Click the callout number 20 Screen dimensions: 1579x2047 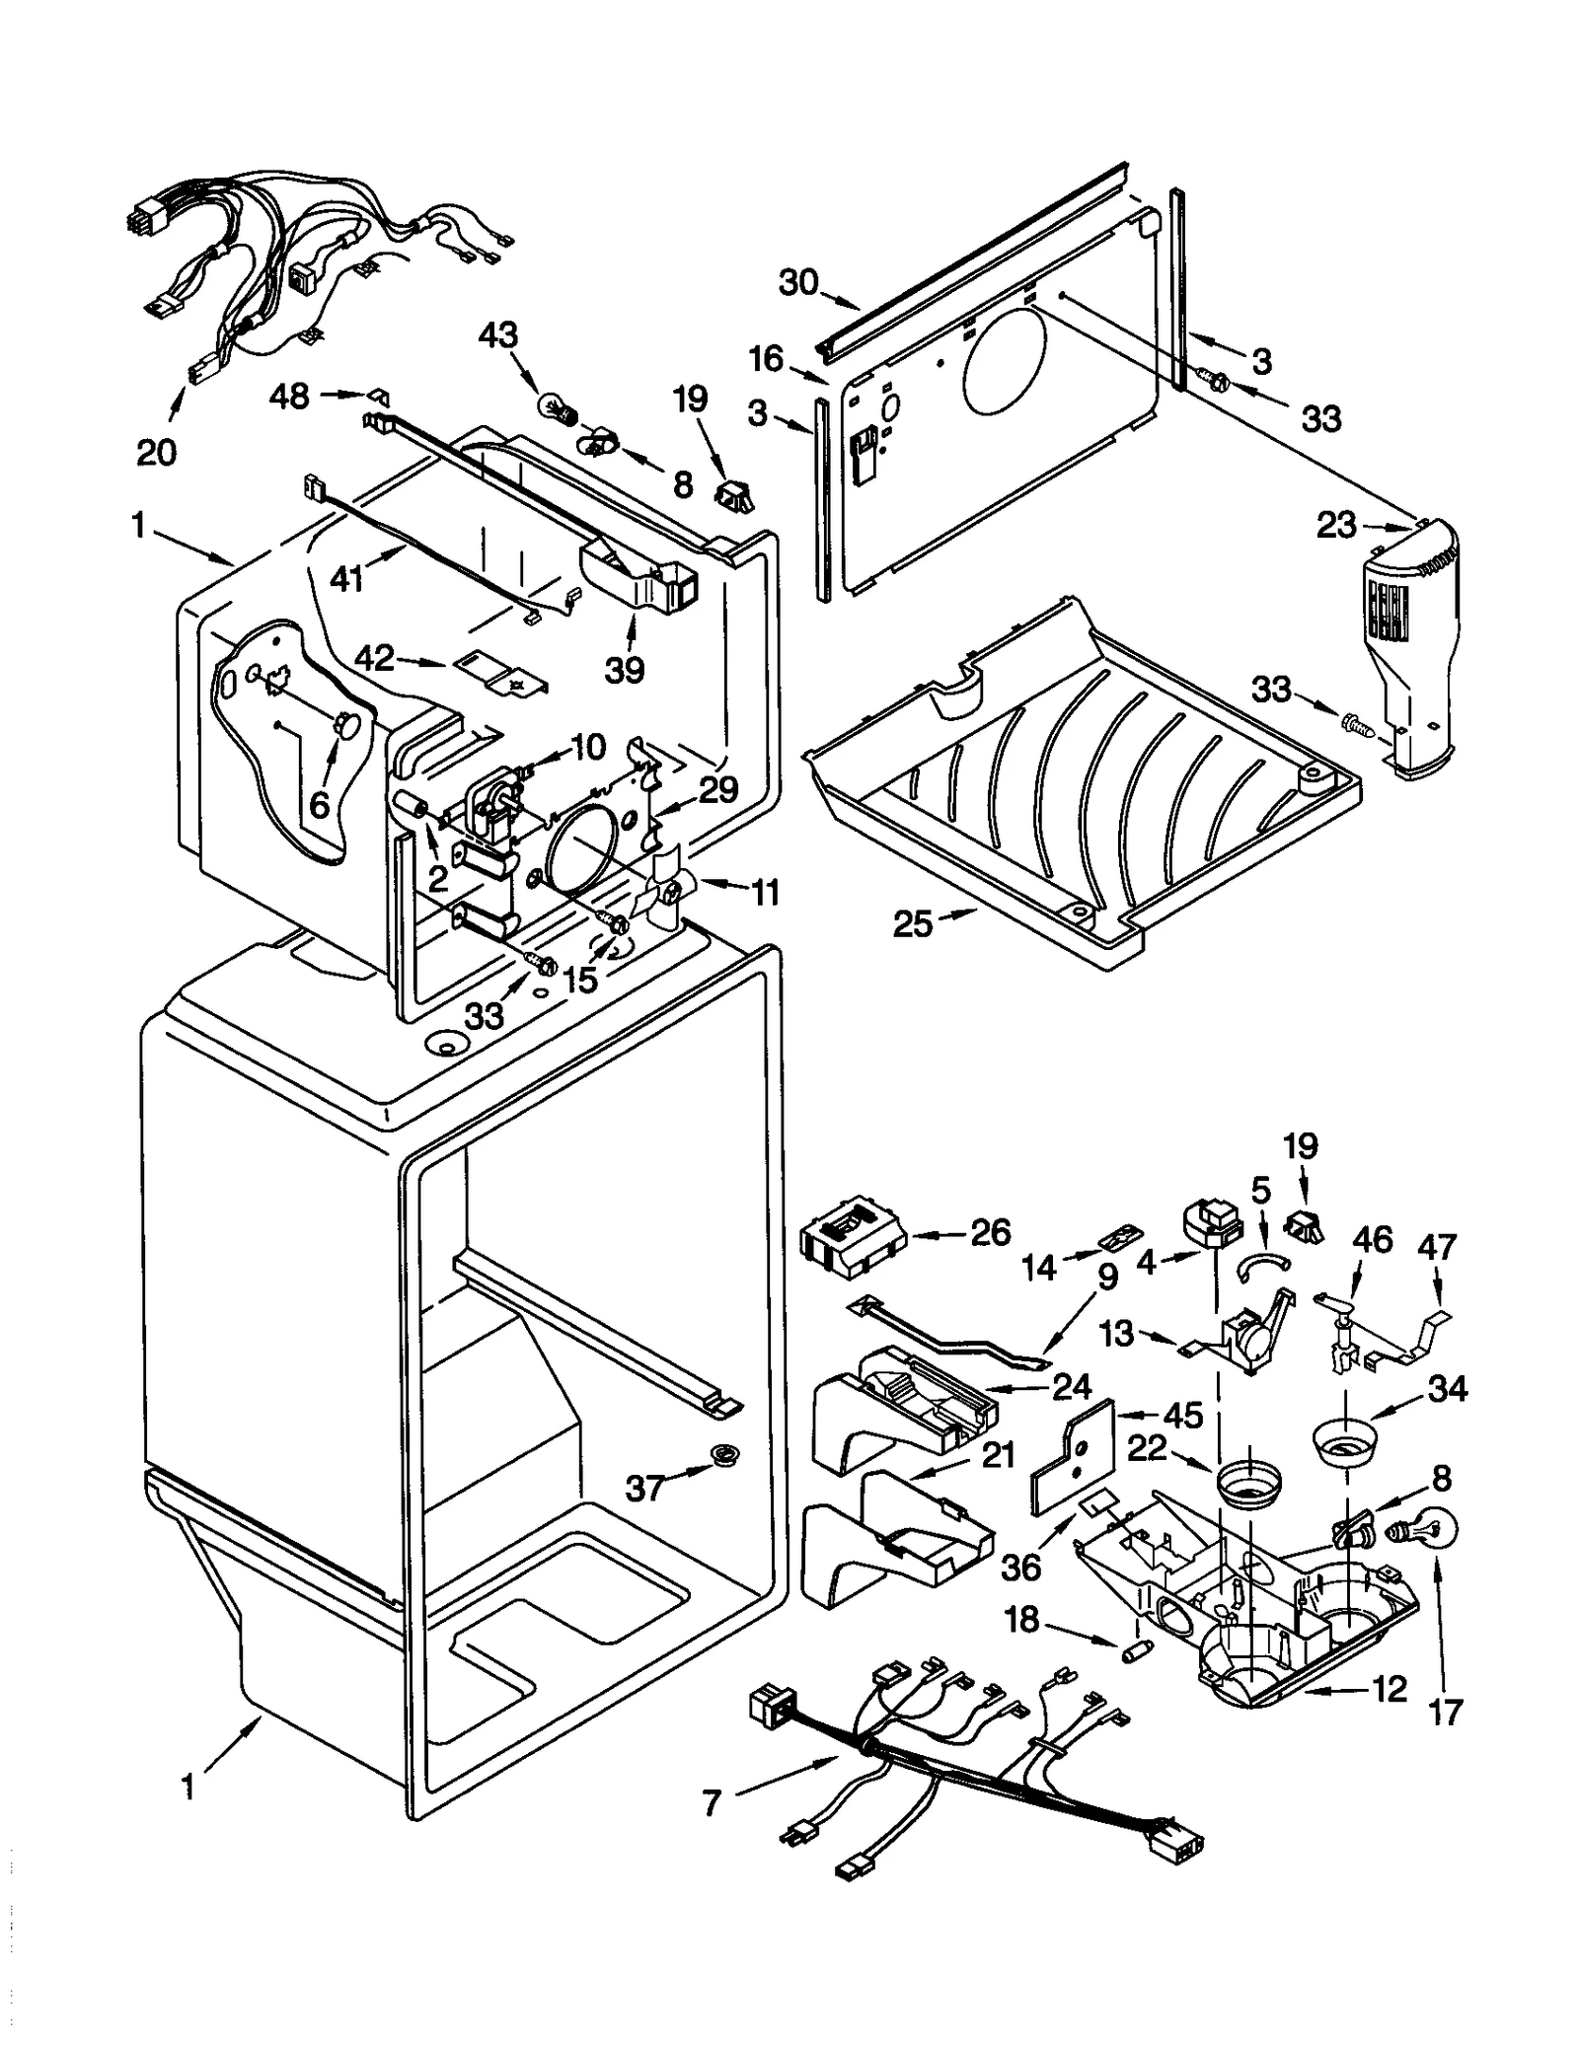point(157,452)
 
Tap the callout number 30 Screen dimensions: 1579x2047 point(798,283)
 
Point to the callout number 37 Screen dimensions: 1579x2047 point(646,1487)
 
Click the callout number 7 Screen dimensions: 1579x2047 point(712,1803)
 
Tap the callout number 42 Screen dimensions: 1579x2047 point(374,658)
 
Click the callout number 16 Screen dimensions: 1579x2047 point(765,359)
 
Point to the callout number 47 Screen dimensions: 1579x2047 point(1436,1247)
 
